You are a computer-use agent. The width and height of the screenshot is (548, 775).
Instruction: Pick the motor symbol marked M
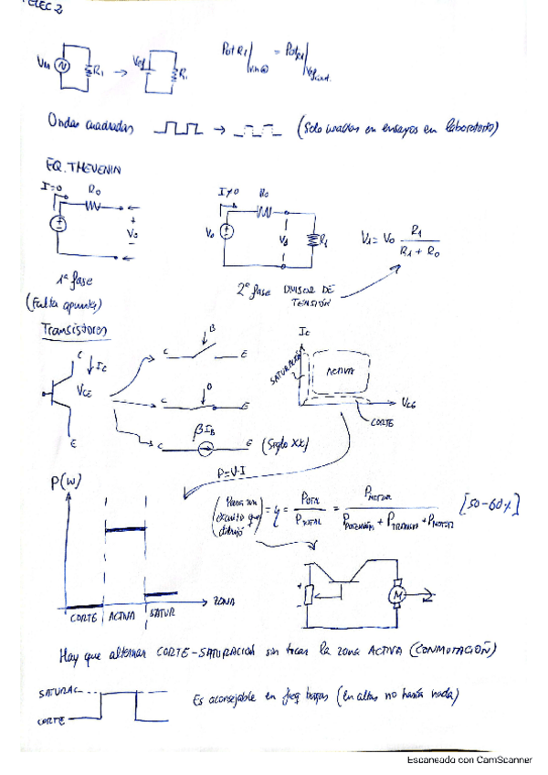pyautogui.click(x=398, y=596)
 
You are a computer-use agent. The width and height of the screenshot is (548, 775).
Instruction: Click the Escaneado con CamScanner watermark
pyautogui.click(x=469, y=759)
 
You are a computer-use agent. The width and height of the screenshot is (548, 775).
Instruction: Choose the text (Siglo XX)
pyautogui.click(x=284, y=445)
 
